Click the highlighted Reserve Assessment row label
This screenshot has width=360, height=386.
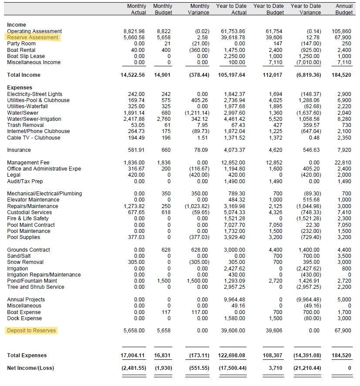33,38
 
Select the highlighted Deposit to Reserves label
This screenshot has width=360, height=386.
31,331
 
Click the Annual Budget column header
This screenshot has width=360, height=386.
344,9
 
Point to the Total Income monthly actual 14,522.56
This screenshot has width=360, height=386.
132,75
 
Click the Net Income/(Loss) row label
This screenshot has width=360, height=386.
31,368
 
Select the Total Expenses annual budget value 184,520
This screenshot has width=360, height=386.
342,355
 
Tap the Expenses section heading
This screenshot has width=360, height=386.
20,88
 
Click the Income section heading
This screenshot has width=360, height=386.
17,25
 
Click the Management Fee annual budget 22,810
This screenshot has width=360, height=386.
343,163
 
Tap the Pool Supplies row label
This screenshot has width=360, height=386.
24,237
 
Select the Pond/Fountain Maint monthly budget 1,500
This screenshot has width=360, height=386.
164,281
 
